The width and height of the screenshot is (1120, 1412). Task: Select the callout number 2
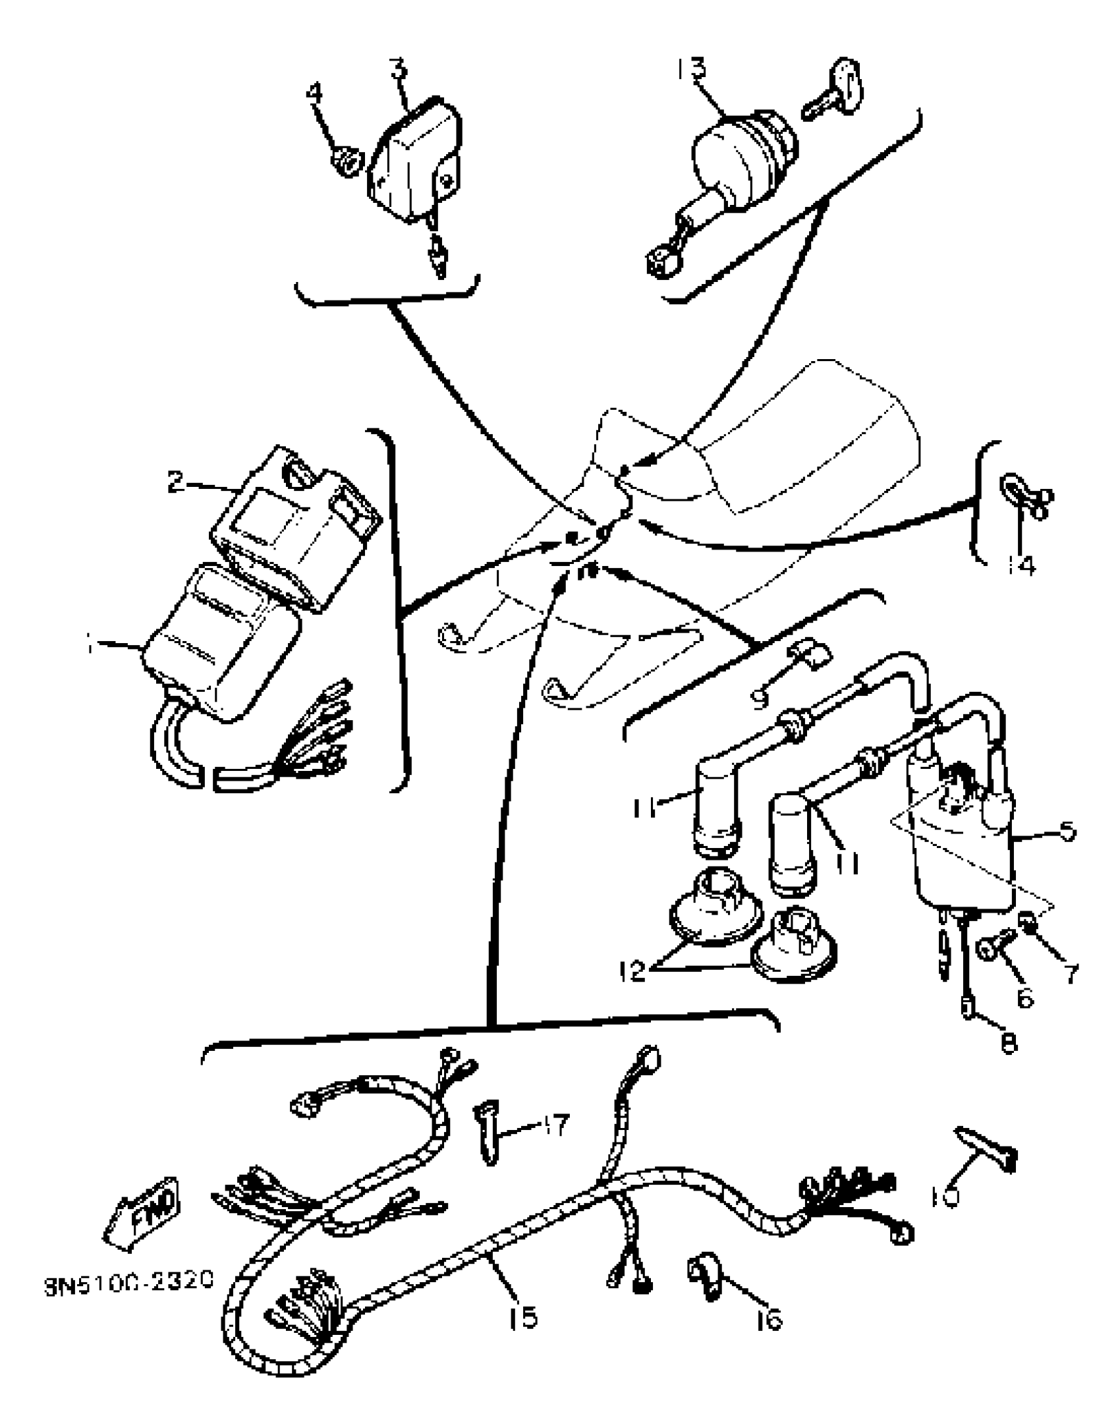pos(176,482)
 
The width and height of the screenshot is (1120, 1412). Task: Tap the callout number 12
pos(632,971)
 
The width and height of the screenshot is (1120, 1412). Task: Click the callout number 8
pos(1008,1043)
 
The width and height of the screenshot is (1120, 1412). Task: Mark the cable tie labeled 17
pos(487,1137)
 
